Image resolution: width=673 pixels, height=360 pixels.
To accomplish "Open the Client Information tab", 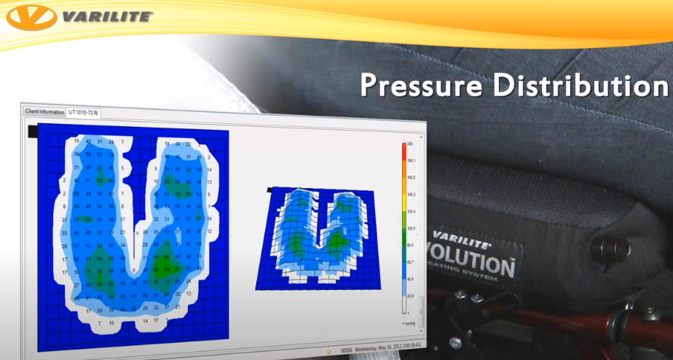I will (44, 112).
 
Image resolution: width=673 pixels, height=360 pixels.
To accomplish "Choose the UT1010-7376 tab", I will (84, 113).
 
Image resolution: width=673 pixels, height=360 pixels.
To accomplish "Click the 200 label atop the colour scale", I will (412, 144).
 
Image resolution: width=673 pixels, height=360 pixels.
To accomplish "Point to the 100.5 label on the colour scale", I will (412, 228).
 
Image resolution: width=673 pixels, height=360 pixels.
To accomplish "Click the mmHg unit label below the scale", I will (411, 322).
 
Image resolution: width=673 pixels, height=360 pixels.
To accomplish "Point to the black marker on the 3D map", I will (270, 189).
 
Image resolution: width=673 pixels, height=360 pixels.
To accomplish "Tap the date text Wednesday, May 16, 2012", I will (379, 348).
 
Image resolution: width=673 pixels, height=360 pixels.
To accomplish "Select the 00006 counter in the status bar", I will (347, 348).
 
